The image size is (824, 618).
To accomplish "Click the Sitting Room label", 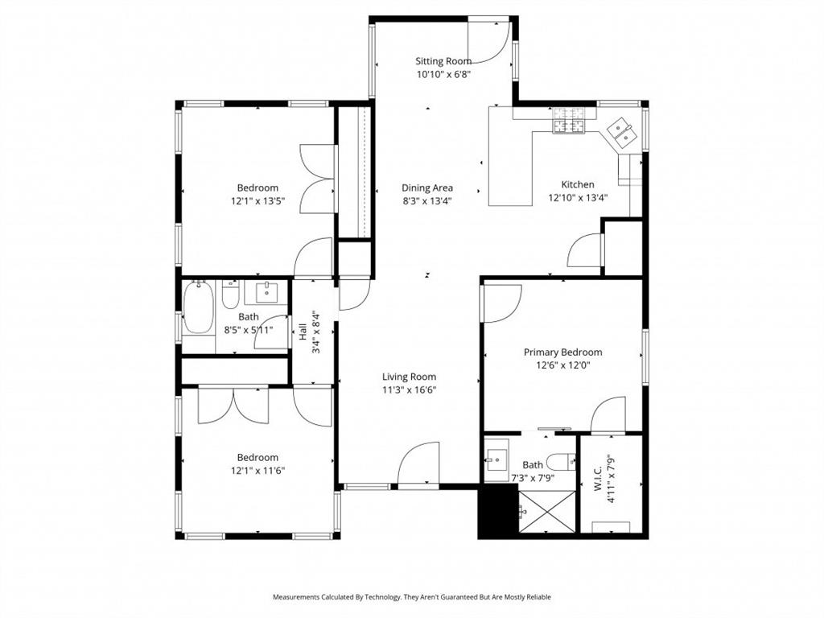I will click(443, 60).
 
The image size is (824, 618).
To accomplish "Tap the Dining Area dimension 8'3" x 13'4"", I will click(427, 201).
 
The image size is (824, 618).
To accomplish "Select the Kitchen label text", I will click(578, 184).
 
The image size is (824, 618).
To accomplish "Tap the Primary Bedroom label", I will click(562, 352).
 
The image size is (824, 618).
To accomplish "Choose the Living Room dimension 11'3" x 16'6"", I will click(409, 390).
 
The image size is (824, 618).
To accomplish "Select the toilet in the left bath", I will click(231, 297).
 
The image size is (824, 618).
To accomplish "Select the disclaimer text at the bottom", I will click(411, 596).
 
